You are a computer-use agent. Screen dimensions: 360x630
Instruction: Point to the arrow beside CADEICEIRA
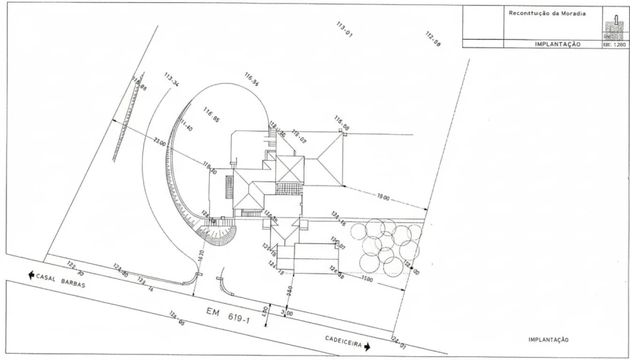(x=368, y=346)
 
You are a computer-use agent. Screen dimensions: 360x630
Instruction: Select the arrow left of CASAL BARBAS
(x=31, y=274)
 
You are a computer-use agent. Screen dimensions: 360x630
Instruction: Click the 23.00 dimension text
(x=159, y=143)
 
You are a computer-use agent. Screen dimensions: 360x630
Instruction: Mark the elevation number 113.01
(x=345, y=29)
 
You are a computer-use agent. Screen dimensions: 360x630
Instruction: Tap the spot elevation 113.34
(x=171, y=80)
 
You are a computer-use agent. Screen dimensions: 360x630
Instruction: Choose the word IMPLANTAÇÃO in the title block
(x=558, y=43)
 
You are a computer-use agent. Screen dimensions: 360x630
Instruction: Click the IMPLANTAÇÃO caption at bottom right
(x=548, y=339)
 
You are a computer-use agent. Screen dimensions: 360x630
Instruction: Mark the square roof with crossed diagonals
(x=289, y=169)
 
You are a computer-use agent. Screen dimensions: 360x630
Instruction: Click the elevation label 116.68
(x=342, y=123)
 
